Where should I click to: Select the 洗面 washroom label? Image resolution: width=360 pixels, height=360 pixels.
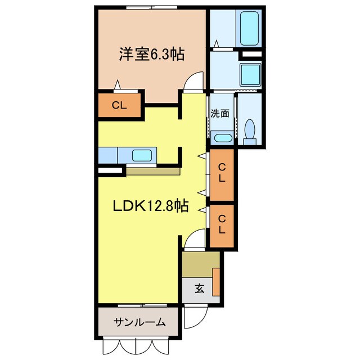coord(220,113)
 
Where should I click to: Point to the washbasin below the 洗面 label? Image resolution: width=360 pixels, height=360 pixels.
coord(222,138)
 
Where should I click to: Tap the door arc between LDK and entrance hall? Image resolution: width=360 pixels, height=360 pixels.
coord(193,240)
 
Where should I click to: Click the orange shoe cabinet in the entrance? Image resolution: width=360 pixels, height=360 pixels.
coord(216,278)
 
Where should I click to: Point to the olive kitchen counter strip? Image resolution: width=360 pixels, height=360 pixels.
coord(152,170)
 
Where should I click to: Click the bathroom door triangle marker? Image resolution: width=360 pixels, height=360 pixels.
coord(217,43)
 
